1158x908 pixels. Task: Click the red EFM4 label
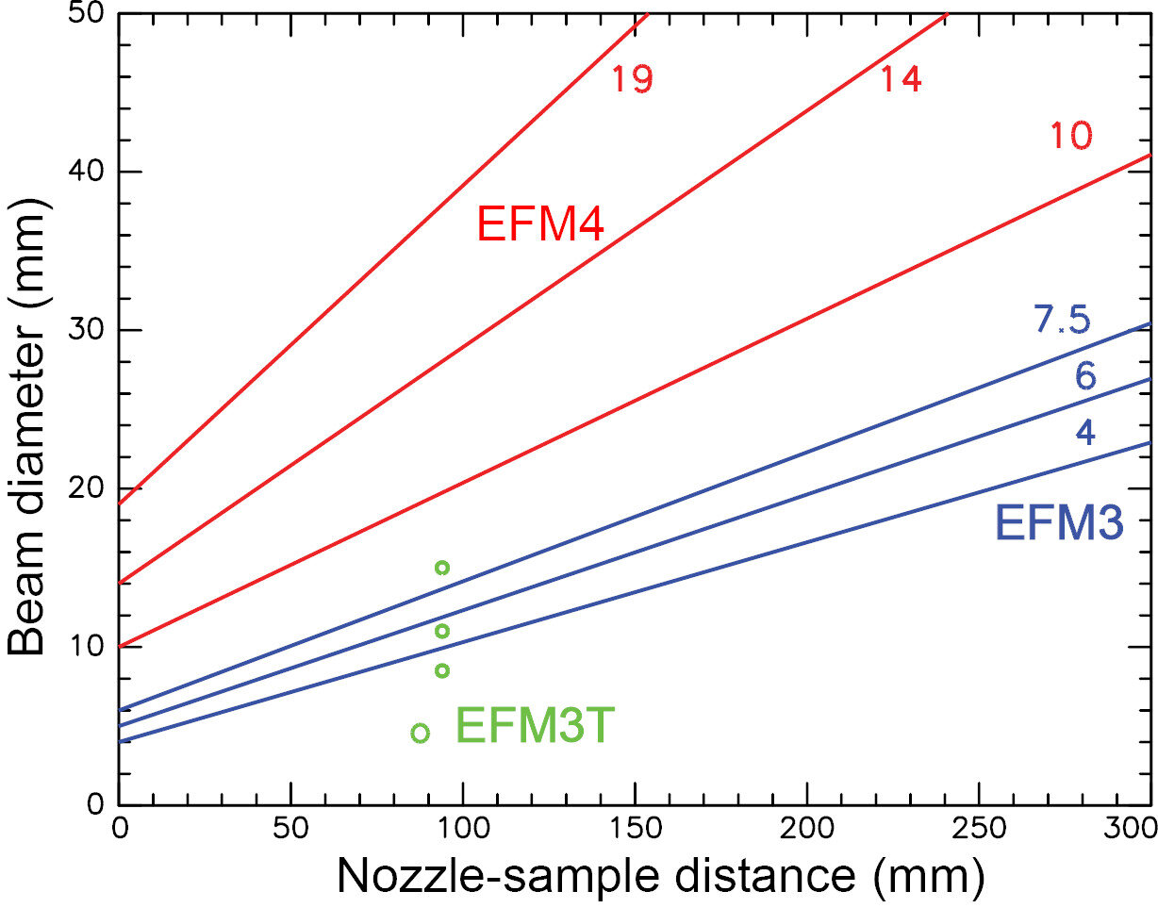coord(540,225)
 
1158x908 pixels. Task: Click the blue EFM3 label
coord(1059,522)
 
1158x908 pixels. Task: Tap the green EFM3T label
coord(536,727)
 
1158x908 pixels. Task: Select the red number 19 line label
coord(631,80)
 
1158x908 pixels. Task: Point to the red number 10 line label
coord(1071,138)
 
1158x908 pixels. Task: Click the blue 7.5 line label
coord(1062,321)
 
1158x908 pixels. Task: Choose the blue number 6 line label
coord(1084,377)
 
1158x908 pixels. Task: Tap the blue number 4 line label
coord(1084,433)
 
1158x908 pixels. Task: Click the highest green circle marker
coord(441,568)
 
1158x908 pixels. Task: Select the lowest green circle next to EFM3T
coord(421,733)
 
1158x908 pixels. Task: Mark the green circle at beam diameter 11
coord(441,631)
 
